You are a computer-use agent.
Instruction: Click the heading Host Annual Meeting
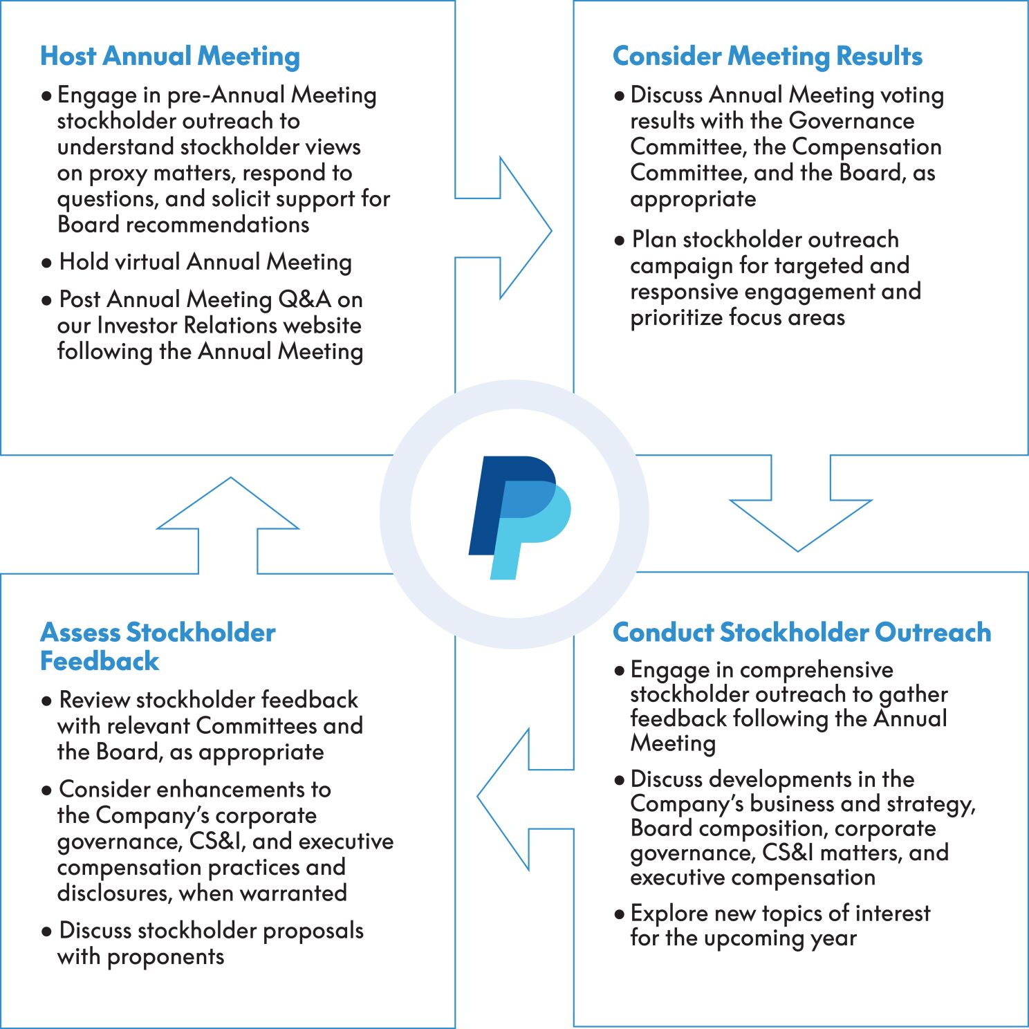[169, 56]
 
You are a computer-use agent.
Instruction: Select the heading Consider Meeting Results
[767, 56]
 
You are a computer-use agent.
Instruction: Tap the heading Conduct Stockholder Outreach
[801, 632]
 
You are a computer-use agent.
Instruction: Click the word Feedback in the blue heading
[100, 661]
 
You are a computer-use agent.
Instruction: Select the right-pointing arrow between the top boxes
[512, 228]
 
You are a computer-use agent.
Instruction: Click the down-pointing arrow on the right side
[800, 508]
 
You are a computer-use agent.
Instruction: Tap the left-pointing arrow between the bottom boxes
[519, 799]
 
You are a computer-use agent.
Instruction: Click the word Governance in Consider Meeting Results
[851, 121]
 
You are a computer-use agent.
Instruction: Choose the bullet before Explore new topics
[619, 914]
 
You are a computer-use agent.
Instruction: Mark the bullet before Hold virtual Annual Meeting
[46, 263]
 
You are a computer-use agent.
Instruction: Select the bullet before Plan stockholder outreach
[619, 241]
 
